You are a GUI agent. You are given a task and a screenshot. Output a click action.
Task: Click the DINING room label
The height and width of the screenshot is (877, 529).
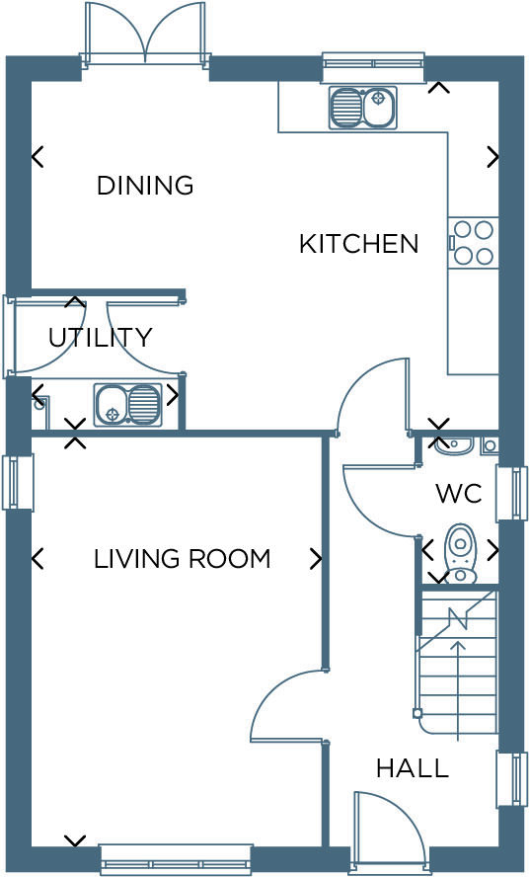click(144, 185)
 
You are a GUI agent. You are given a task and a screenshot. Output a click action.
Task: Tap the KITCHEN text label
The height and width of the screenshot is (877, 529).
click(358, 243)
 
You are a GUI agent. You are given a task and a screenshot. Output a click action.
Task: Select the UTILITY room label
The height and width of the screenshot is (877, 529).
click(100, 338)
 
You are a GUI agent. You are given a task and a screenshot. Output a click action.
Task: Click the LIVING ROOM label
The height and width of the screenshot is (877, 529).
click(182, 559)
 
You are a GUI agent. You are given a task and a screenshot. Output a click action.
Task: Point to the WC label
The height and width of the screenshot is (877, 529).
click(458, 493)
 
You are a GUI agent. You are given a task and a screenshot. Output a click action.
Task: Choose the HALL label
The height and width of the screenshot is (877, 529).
click(412, 767)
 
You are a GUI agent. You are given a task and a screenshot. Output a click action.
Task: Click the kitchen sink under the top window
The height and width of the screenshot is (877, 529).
click(362, 108)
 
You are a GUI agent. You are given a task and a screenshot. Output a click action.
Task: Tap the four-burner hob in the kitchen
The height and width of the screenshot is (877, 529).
click(474, 243)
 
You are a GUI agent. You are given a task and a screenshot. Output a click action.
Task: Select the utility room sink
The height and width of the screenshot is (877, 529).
click(128, 404)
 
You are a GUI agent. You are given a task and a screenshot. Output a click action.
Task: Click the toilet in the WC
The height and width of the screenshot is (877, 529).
click(460, 554)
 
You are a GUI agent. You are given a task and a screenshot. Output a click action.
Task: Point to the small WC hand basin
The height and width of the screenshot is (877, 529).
click(453, 445)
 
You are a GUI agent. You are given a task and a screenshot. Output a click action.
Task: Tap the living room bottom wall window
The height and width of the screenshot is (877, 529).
click(176, 859)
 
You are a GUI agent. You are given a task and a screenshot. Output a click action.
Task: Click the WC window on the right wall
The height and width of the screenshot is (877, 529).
click(511, 493)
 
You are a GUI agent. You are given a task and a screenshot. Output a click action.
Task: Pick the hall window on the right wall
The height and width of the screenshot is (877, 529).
click(511, 779)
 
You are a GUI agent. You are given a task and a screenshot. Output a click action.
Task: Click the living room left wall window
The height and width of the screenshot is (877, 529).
click(18, 482)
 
